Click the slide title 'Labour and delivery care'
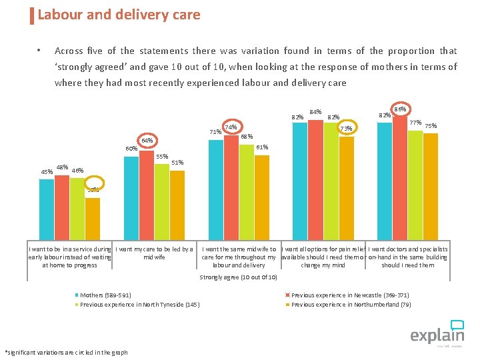point(119,15)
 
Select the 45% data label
point(47,172)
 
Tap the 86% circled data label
point(401,109)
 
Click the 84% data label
point(316,112)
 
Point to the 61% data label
point(262,147)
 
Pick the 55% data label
point(161,157)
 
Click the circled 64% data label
point(147,141)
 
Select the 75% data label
point(431,126)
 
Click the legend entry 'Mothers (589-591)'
point(105,295)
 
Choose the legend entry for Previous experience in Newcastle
point(350,295)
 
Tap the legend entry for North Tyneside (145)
point(139,305)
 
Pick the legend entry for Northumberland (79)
point(351,305)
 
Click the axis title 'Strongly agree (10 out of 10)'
point(239,277)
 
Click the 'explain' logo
point(437,333)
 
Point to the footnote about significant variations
point(66,352)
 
